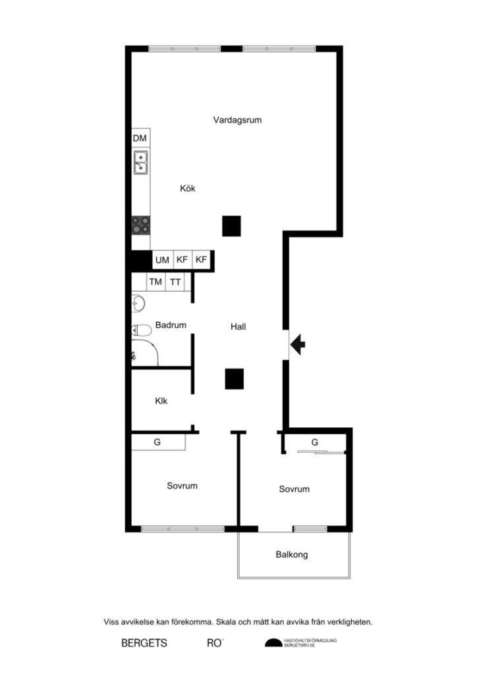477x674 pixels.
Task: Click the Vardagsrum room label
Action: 238,120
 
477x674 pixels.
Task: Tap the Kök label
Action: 188,188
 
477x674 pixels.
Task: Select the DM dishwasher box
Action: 140,138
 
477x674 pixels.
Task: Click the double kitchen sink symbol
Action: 141,162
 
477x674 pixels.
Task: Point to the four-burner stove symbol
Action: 140,225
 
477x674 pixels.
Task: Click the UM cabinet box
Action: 162,260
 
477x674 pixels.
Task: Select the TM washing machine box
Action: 155,282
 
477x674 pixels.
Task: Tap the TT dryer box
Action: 175,282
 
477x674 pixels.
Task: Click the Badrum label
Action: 171,325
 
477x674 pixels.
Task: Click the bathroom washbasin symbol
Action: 138,304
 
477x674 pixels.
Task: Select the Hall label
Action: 238,326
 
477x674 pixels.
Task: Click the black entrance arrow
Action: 298,344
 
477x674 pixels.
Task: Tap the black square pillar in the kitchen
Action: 231,226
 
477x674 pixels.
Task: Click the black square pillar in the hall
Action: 235,378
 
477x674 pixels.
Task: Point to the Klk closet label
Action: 161,401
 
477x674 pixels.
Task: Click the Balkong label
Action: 292,555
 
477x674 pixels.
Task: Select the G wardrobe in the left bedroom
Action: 157,442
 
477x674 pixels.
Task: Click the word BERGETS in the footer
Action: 144,643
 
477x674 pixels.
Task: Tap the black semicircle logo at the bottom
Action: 273,643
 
